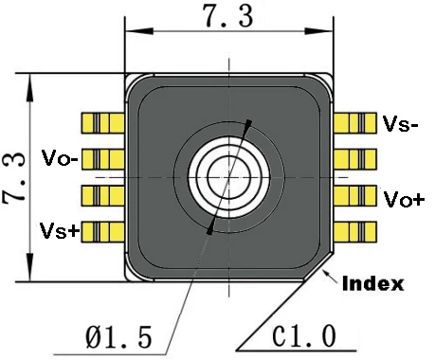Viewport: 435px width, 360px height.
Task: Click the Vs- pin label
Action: pyautogui.click(x=400, y=123)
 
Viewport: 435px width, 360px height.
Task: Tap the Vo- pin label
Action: pyautogui.click(x=60, y=157)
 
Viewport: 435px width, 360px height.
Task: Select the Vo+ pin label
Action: pyautogui.click(x=404, y=199)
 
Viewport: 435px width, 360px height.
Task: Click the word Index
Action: pyautogui.click(x=373, y=283)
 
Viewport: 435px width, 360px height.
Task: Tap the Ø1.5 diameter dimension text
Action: pyautogui.click(x=118, y=337)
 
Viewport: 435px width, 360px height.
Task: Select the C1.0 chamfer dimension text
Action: pyautogui.click(x=304, y=336)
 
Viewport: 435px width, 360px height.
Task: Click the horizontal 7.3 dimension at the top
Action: pyautogui.click(x=228, y=16)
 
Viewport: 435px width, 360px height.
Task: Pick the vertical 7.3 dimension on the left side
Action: pyautogui.click(x=14, y=178)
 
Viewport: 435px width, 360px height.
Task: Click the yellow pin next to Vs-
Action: pyautogui.click(x=355, y=123)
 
